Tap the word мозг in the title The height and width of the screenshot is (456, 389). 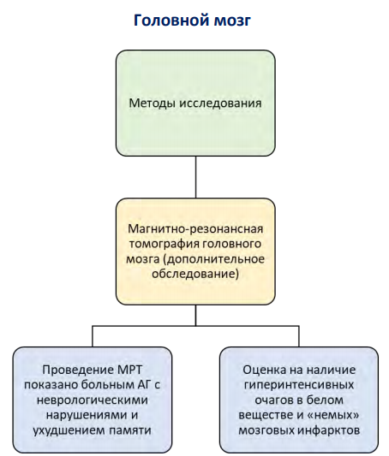(232, 21)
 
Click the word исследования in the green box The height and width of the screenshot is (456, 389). (220, 104)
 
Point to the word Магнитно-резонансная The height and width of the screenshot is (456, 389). (195, 229)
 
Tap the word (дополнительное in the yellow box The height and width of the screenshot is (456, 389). (213, 259)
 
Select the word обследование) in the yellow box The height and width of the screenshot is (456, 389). (195, 275)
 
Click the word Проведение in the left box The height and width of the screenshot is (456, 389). (78, 370)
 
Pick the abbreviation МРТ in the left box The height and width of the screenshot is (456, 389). (129, 370)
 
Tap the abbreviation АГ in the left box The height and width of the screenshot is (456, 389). (144, 385)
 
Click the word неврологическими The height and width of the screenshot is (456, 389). (93, 400)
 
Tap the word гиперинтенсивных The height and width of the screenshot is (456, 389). (299, 386)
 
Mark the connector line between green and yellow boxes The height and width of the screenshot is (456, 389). (195, 177)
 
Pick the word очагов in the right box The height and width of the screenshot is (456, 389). (273, 400)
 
